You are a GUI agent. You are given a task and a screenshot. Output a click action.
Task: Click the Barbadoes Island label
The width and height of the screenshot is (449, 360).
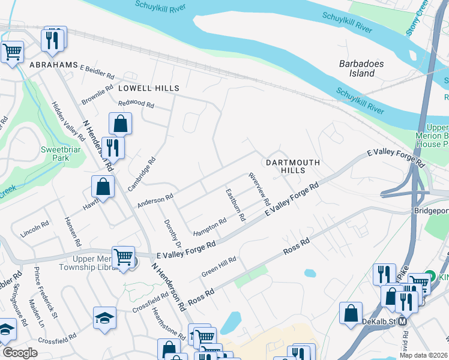click(357, 68)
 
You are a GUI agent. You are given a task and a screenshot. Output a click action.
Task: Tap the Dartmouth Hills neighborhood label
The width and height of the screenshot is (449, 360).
click(291, 166)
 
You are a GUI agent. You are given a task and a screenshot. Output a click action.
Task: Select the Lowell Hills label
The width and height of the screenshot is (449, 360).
click(148, 88)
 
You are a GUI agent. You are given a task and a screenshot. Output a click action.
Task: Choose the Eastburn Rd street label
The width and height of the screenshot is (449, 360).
click(235, 205)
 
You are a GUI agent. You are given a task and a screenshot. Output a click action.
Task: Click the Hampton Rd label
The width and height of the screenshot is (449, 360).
click(209, 227)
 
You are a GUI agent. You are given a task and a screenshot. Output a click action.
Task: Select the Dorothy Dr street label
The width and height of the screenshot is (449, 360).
click(172, 233)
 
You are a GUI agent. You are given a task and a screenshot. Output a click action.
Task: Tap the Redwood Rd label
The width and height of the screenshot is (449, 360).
click(136, 104)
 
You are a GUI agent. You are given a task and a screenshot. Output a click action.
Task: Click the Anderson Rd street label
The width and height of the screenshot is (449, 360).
click(155, 200)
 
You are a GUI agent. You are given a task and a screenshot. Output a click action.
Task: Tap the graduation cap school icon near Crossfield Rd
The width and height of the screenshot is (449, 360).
click(104, 318)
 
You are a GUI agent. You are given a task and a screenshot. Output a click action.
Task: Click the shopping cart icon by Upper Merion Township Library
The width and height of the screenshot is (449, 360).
click(124, 257)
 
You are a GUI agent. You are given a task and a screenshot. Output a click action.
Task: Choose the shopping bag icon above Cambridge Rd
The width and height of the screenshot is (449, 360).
click(120, 124)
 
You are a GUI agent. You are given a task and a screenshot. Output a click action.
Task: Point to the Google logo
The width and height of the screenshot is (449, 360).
click(20, 353)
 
